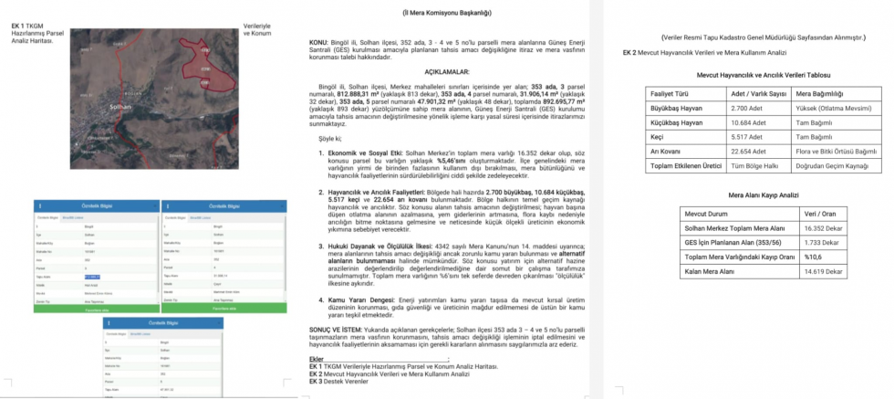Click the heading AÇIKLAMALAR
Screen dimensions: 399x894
(x=446, y=70)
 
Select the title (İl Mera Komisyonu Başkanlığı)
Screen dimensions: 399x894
(x=446, y=13)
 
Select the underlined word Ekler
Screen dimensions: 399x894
(x=317, y=358)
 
